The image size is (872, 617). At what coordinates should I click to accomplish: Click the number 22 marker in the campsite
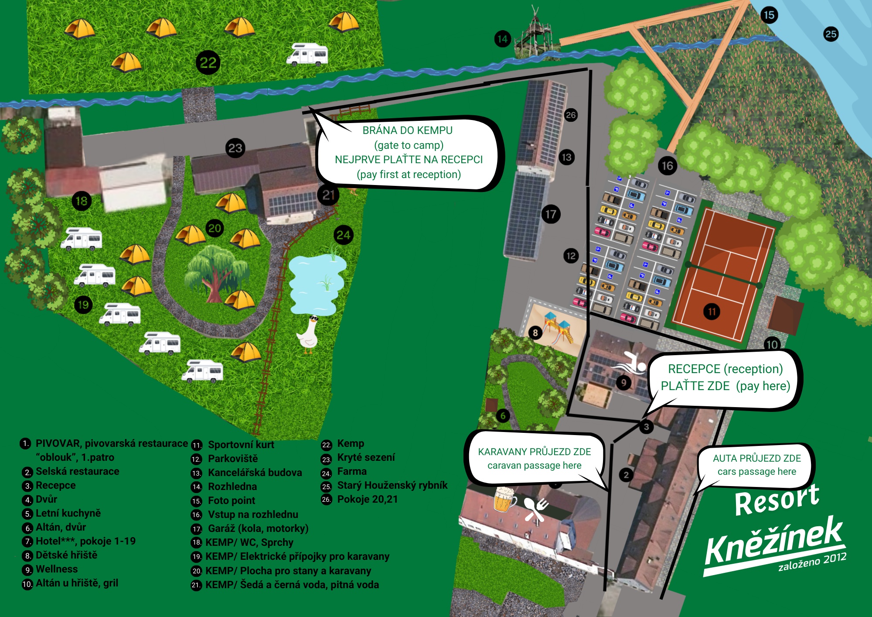coord(208,62)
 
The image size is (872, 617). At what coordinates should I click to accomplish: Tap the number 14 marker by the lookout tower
coord(503,39)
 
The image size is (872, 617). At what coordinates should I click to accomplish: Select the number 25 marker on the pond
coord(831,34)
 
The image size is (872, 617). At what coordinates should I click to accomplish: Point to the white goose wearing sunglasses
coord(308,334)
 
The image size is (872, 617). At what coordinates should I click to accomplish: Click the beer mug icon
coord(504,499)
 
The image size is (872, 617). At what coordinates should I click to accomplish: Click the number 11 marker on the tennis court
coord(712,312)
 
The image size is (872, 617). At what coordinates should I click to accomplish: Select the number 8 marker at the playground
coord(535,333)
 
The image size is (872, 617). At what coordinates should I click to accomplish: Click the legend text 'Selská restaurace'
coord(78,471)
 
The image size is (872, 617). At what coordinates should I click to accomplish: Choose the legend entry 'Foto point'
coord(232,500)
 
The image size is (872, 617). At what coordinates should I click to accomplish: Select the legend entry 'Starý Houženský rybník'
coord(392,485)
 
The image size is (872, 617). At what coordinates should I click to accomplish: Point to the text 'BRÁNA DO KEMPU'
coord(408,130)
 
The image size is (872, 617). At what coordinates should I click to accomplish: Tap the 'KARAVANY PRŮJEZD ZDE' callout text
coord(535,452)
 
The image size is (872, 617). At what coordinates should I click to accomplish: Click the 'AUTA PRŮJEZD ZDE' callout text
coord(757,458)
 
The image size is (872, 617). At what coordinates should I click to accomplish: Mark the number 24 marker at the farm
coord(344,235)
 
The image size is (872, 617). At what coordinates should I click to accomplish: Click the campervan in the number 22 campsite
coord(307,55)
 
